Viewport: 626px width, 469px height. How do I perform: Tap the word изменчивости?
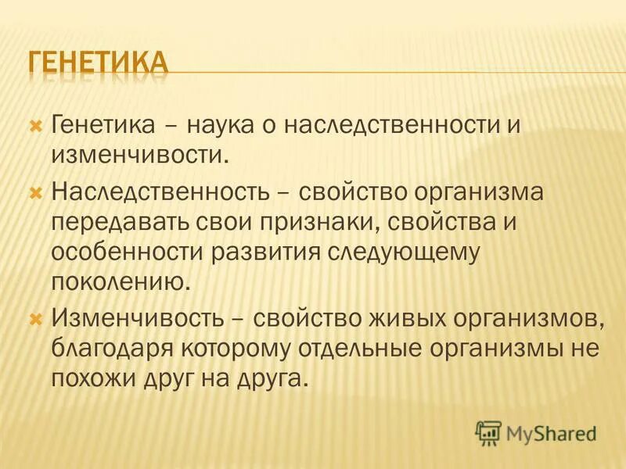tap(139, 154)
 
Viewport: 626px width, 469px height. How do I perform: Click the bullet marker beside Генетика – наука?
tap(34, 124)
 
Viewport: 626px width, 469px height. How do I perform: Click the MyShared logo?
tap(536, 431)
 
